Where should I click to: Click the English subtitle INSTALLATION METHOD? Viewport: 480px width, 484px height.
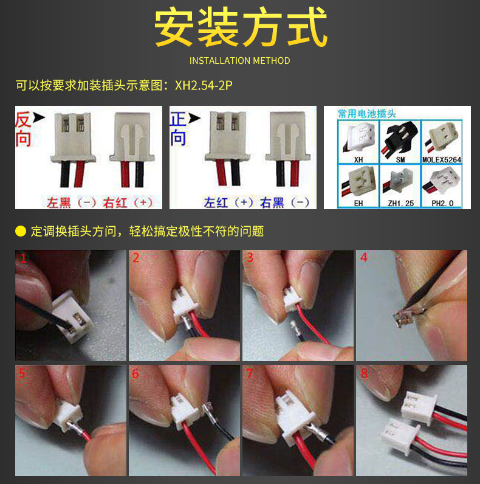pos(239,61)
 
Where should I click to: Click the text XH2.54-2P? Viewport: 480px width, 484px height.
pos(204,85)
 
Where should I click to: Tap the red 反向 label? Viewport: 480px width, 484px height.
pos(23,129)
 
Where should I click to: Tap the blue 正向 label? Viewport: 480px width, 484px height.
pos(178,128)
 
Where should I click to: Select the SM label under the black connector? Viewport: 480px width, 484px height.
pos(400,159)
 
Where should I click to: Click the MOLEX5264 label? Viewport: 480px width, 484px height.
pos(442,159)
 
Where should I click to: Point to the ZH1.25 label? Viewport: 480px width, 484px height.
pos(401,204)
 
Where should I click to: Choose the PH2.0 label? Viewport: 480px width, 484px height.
pos(442,204)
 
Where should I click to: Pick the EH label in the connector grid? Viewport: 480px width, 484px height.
pos(358,204)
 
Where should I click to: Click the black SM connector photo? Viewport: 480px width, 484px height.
pos(400,138)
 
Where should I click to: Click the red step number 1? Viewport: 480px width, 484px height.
pos(23,258)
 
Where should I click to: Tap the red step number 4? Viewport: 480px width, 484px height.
pos(364,257)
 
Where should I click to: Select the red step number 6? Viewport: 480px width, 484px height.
pos(135,374)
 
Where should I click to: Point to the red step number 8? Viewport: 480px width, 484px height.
pos(364,373)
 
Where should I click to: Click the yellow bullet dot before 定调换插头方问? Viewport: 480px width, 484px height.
pos(21,231)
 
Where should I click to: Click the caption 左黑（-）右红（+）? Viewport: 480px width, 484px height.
pos(100,203)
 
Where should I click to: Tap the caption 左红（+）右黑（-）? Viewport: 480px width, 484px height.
pos(256,203)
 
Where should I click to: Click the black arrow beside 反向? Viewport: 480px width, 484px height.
pos(39,117)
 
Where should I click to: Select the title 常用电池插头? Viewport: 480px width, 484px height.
pos(367,114)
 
